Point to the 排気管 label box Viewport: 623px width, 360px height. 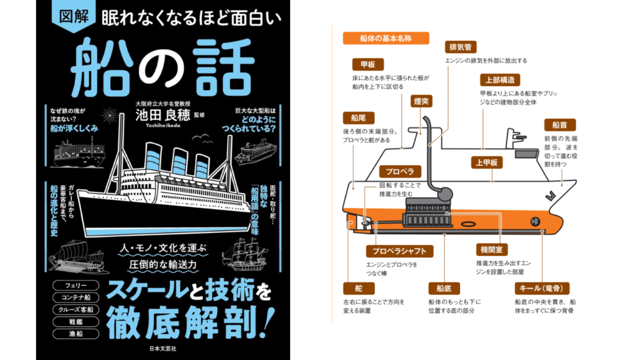pos(461,47)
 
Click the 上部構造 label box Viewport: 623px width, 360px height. pos(499,80)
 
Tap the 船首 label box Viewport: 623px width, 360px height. pos(559,125)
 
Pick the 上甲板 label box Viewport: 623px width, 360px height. pos(487,162)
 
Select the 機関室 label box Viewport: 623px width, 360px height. pos(490,250)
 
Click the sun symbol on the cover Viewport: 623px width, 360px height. pos(110,113)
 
